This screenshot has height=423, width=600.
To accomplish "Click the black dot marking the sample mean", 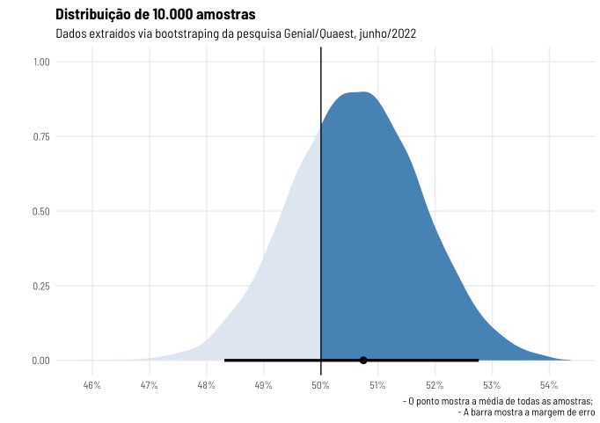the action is [363, 361].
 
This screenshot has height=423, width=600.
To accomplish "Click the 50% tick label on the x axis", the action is [320, 385].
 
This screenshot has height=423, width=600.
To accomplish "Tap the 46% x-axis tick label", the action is [92, 385].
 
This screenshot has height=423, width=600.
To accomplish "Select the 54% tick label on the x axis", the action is [549, 385].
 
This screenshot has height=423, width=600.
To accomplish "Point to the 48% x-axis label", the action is [207, 385].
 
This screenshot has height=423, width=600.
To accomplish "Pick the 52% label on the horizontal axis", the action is [435, 385].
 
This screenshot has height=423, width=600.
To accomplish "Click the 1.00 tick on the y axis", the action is [41, 62].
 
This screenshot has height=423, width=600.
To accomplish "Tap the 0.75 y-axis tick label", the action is [41, 137].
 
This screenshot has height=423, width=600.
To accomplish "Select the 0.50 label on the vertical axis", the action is [41, 211].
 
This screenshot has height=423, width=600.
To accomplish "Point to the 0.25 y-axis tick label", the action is [41, 286].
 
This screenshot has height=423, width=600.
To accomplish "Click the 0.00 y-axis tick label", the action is [41, 361].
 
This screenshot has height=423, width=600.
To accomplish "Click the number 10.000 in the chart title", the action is [172, 15].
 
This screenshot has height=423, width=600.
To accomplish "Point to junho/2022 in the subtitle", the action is [388, 34].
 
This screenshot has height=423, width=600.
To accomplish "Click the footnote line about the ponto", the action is [498, 401].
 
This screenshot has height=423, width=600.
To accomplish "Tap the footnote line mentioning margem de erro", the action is [526, 412].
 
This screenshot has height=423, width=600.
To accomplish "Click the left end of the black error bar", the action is [224, 361].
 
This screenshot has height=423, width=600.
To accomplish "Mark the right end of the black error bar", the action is [479, 361].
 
